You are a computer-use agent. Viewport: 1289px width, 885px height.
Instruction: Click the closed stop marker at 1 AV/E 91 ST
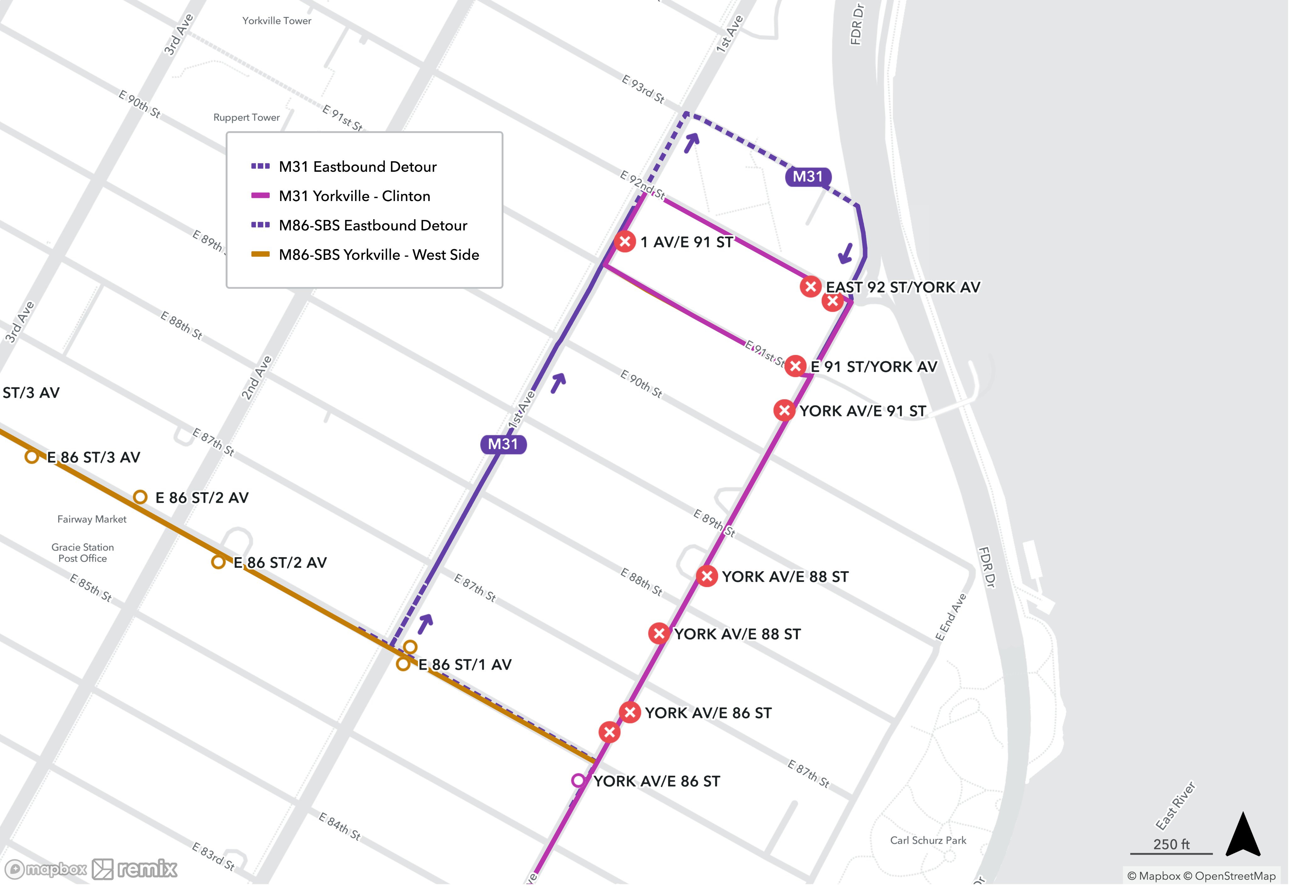[x=625, y=241]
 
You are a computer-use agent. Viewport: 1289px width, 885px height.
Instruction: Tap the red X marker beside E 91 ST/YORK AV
[x=795, y=366]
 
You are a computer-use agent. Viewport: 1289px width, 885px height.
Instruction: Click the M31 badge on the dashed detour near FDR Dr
[x=808, y=177]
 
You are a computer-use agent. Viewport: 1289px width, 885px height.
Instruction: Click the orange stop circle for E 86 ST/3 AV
[x=31, y=457]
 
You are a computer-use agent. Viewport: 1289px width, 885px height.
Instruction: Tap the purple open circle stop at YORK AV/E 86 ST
[x=578, y=780]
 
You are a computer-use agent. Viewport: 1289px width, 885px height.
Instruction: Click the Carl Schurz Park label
[x=928, y=840]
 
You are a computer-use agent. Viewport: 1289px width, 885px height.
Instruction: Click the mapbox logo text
[x=55, y=869]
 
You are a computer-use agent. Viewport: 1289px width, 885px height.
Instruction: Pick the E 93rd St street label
[x=643, y=89]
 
